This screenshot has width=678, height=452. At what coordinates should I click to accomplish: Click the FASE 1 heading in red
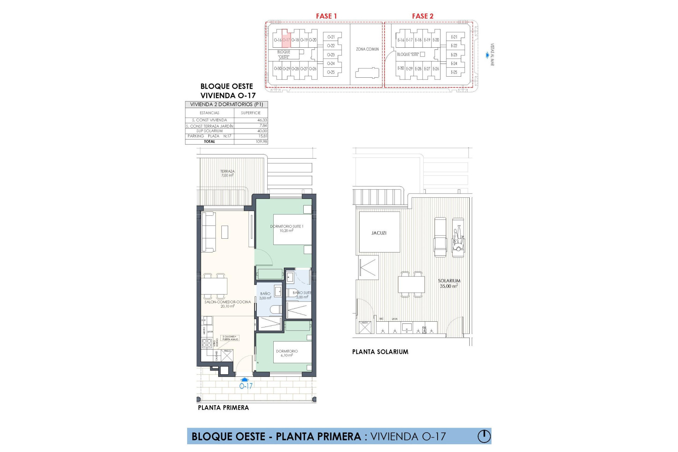click(x=326, y=16)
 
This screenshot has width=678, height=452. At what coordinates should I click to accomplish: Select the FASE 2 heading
click(x=422, y=16)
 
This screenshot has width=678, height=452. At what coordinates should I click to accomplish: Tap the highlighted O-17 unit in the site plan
click(x=286, y=40)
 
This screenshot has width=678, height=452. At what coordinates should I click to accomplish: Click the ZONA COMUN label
click(x=367, y=49)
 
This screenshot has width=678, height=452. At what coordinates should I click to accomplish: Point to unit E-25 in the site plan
click(x=454, y=72)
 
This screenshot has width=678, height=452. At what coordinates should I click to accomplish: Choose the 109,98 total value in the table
click(x=261, y=142)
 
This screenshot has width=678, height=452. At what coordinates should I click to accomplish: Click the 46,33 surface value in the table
click(x=262, y=120)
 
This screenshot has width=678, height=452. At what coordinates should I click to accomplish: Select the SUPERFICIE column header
click(x=251, y=113)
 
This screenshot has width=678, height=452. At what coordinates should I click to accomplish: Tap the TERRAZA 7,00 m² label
click(x=227, y=173)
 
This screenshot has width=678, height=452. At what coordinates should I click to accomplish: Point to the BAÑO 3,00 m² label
click(x=265, y=296)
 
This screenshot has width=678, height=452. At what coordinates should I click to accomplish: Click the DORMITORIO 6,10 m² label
click(x=287, y=353)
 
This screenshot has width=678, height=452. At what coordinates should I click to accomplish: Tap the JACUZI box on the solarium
click(x=379, y=233)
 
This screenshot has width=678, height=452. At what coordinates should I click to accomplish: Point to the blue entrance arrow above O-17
click(x=244, y=380)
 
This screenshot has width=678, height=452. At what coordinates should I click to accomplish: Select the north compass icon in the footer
click(x=484, y=436)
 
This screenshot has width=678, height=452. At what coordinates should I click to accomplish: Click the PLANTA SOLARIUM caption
click(x=380, y=352)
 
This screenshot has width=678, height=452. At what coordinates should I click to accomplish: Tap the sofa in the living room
click(x=208, y=232)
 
